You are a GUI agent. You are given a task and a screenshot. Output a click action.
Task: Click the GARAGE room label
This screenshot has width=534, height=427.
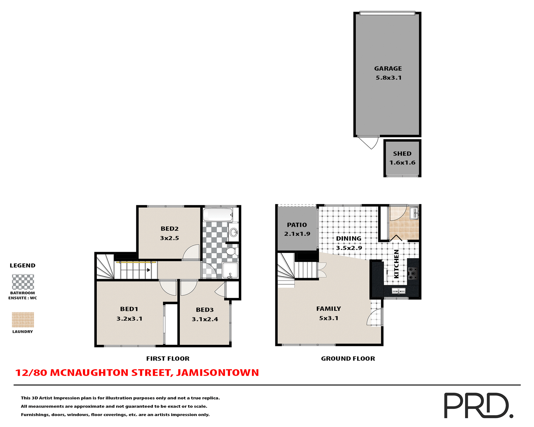point(388,68)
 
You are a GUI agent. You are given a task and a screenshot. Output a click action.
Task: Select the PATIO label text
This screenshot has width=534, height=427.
point(297,225)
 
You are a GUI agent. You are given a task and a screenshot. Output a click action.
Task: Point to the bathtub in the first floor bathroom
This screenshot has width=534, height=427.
point(218,215)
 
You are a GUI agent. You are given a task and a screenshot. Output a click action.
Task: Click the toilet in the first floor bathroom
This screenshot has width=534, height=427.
point(232,252)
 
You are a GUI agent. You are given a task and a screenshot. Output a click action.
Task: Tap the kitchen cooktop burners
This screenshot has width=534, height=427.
point(412,273)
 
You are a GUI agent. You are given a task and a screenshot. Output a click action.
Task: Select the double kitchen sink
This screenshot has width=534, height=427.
point(398,291)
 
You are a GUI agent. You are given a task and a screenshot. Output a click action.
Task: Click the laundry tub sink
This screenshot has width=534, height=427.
point(414,213)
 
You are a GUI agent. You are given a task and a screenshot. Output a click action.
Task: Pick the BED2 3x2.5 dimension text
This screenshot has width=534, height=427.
point(169,238)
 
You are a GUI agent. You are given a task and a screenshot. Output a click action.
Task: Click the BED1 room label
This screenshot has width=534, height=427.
point(129,309)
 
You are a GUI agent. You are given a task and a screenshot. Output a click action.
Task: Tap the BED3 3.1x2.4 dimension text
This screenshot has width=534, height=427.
point(205,319)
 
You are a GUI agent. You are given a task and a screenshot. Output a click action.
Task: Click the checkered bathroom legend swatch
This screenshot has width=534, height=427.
point(23,282)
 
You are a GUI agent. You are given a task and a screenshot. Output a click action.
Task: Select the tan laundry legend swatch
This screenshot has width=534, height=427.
point(23,320)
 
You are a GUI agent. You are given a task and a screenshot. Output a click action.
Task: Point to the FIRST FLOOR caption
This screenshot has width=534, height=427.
point(168,359)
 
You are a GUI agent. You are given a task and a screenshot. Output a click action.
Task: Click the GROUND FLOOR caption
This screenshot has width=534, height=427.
point(348,359)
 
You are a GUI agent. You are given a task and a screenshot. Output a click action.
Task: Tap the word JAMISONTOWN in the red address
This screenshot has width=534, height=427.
point(217,373)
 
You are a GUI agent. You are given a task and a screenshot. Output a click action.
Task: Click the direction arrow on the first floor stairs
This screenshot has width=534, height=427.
point(149,270)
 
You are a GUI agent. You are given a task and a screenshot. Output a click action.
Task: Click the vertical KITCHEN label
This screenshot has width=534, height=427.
point(396,264)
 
